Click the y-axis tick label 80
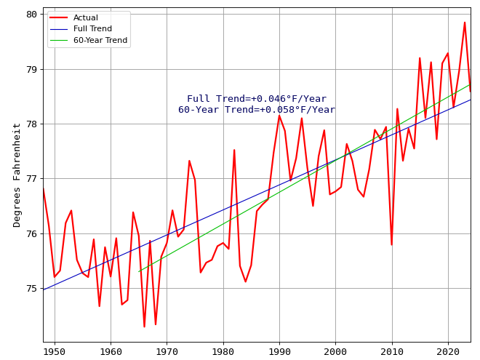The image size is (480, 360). coord(31,15)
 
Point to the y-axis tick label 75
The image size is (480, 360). coord(31,289)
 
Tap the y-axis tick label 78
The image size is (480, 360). coord(31,124)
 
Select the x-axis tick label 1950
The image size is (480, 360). coord(55,351)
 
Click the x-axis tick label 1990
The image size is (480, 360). coord(279,351)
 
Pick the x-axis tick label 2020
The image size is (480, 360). coord(448,351)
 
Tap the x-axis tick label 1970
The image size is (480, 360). coord(167,351)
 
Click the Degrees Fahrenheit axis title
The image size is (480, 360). coord(17,175)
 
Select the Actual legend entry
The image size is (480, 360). coord(86,17)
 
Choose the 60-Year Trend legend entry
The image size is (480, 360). coord(100,41)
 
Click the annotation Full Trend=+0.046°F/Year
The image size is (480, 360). coord(257,99)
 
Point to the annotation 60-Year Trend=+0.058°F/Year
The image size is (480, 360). coord(257,110)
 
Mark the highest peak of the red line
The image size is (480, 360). coord(465,22)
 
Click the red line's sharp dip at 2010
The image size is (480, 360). coord(391,244)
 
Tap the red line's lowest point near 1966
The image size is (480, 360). coord(144,327)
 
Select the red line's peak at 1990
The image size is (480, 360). coord(279,115)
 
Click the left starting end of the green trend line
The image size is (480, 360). coord(139,272)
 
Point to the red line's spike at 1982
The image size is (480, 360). coord(234,150)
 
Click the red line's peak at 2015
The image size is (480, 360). coord(420,58)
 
